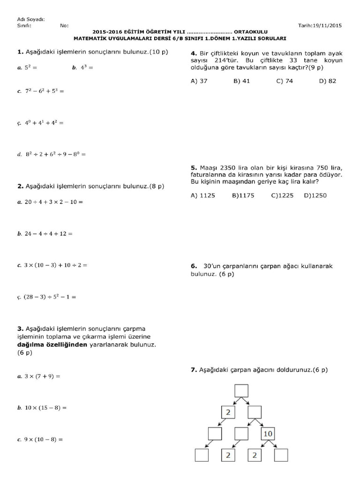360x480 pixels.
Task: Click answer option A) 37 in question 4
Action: (199, 81)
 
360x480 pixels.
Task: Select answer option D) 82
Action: (328, 81)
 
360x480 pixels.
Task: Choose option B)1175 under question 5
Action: (243, 195)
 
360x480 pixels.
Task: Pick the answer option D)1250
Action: (315, 195)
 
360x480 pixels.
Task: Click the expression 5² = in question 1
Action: (30, 67)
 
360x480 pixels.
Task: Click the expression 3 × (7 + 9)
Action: (43, 376)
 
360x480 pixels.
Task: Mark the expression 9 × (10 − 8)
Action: (44, 440)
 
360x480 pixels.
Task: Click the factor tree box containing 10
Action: (268, 434)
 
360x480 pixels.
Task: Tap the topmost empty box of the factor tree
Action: (241, 390)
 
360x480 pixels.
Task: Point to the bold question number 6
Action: (193, 266)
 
